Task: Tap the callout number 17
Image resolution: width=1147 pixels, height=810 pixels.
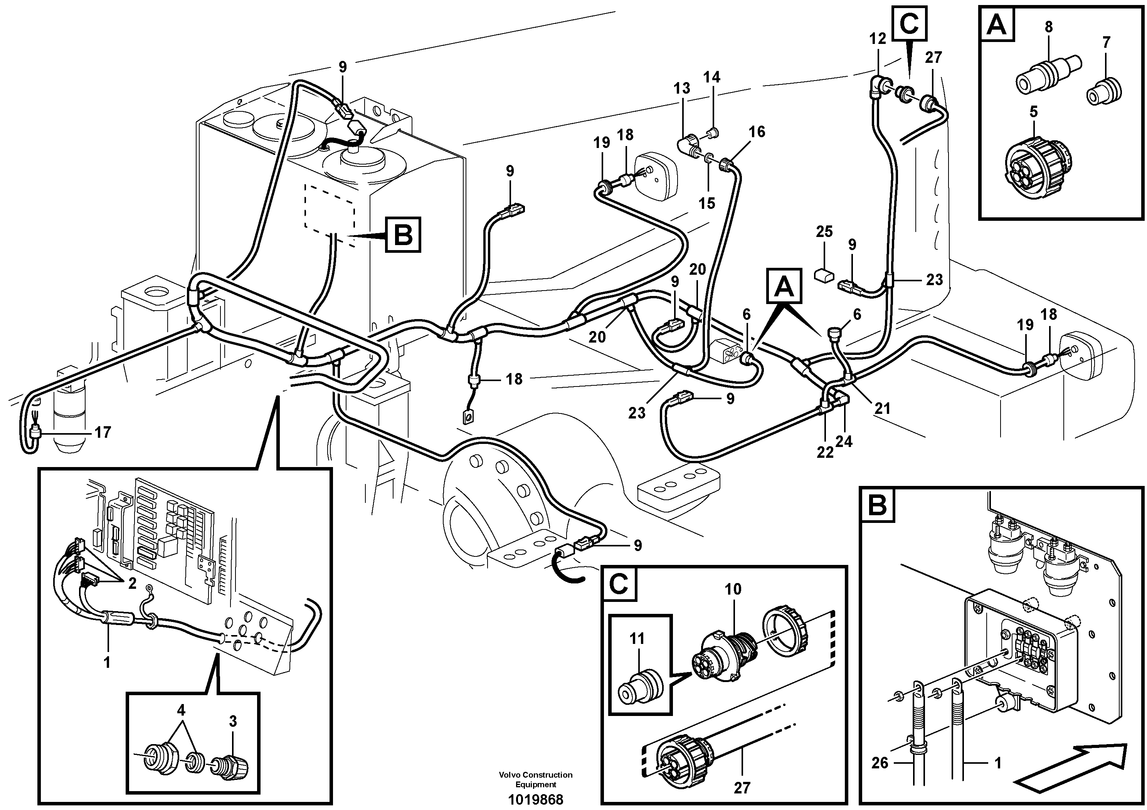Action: click(103, 432)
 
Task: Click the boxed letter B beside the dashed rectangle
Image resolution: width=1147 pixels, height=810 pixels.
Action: click(403, 234)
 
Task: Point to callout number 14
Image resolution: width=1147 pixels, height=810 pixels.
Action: click(712, 77)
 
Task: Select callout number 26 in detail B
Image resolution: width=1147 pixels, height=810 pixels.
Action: click(880, 763)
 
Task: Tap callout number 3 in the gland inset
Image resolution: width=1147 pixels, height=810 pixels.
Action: click(233, 721)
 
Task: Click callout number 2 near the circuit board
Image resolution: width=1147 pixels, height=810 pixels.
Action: click(132, 583)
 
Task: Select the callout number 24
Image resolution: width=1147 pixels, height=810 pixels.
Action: click(844, 442)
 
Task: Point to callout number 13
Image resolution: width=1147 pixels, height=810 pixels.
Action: click(681, 88)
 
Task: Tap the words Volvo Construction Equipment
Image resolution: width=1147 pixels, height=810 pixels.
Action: click(535, 780)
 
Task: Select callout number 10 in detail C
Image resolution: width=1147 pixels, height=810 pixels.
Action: click(733, 589)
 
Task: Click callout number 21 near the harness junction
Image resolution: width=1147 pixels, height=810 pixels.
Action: click(883, 409)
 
